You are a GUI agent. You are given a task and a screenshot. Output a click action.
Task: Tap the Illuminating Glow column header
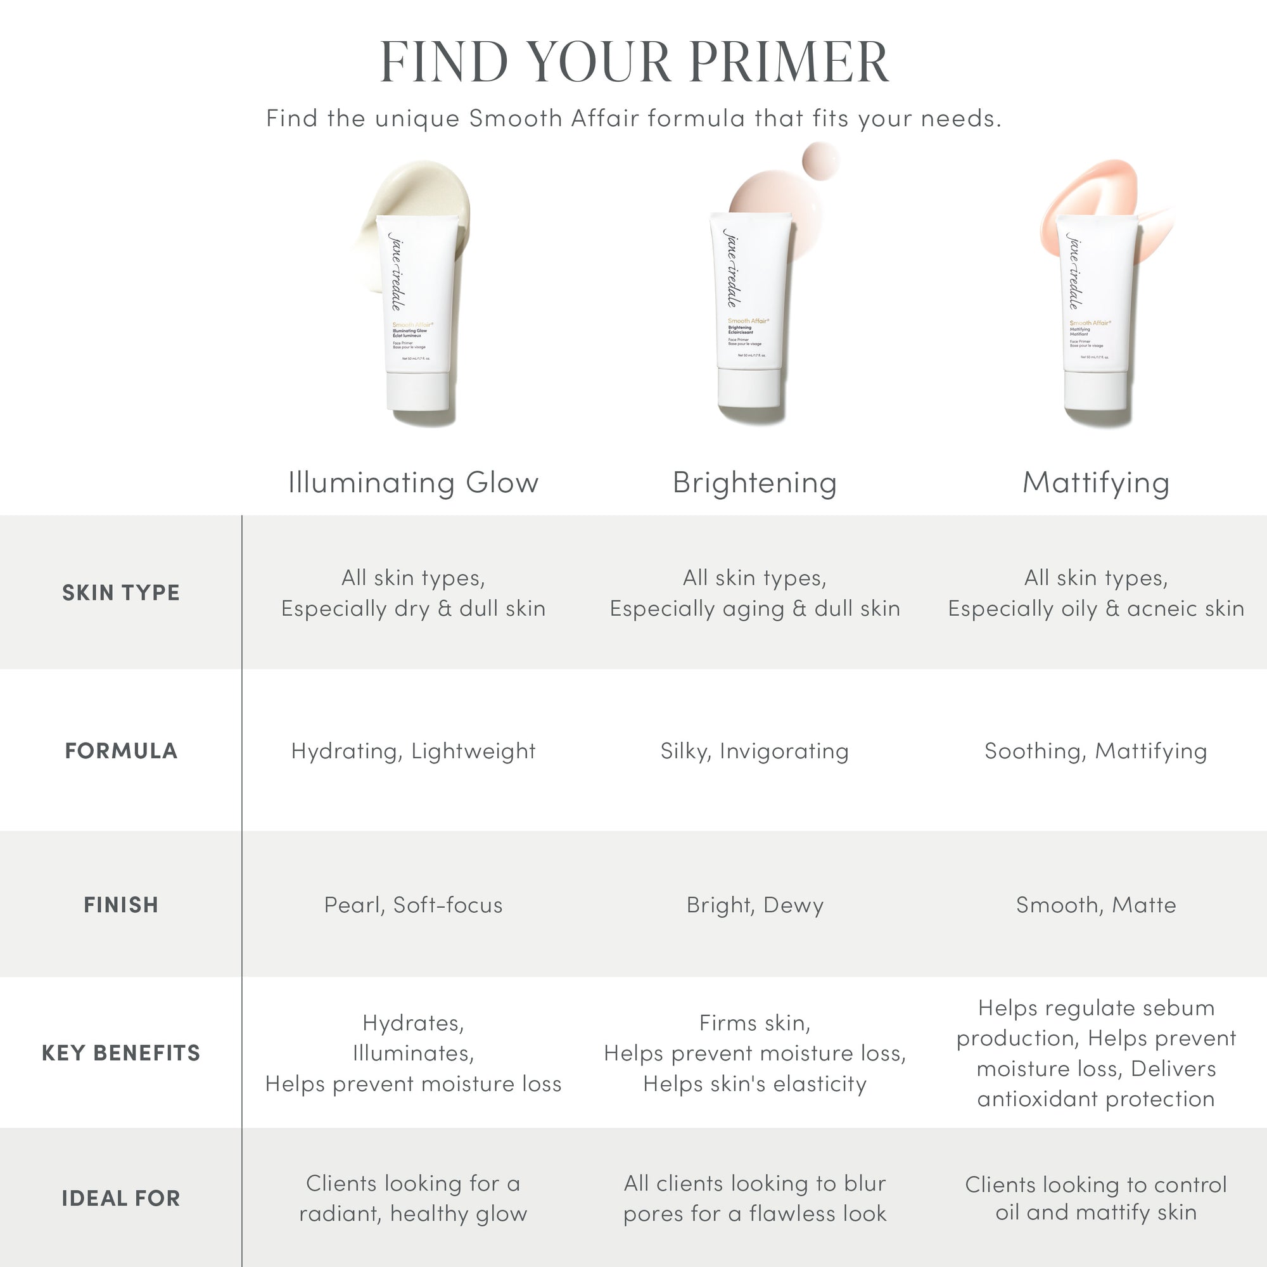[x=413, y=483]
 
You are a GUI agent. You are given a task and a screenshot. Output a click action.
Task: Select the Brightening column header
[x=755, y=483]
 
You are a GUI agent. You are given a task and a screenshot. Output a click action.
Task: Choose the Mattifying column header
[x=1096, y=483]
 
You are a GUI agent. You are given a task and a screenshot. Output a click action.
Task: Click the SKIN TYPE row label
[x=120, y=592]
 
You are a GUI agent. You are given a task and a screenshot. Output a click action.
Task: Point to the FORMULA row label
[x=120, y=750]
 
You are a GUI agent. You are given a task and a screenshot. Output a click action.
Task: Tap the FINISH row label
[x=120, y=905]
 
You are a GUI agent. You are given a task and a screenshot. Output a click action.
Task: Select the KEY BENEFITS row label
[x=120, y=1052]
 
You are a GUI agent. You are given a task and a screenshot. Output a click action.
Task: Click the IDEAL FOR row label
[x=120, y=1198]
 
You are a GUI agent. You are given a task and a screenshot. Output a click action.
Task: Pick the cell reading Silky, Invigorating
[x=755, y=750]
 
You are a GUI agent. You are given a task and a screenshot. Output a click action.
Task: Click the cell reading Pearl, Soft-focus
[x=413, y=905]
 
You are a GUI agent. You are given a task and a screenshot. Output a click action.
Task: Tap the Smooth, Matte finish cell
[x=1096, y=905]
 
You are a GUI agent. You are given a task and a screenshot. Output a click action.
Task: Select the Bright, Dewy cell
[x=755, y=905]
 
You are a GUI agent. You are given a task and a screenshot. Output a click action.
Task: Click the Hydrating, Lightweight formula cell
[x=413, y=750]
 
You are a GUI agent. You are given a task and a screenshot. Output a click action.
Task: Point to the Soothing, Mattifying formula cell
[x=1096, y=750]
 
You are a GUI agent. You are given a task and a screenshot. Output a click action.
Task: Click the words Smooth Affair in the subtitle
[x=554, y=118]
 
